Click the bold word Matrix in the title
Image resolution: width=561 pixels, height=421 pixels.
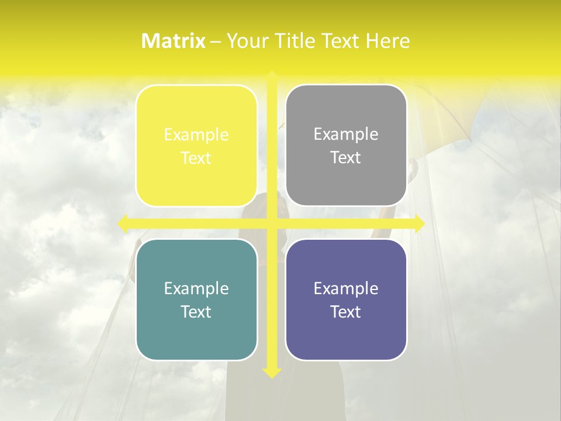pyautogui.click(x=174, y=41)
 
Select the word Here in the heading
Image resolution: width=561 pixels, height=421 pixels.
pyautogui.click(x=387, y=41)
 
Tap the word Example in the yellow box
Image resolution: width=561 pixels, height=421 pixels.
pyautogui.click(x=196, y=135)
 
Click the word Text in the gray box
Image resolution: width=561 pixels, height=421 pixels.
pyautogui.click(x=346, y=158)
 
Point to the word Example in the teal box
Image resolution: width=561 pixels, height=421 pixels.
pyautogui.click(x=196, y=289)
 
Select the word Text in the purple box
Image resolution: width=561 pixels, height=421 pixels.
pyautogui.click(x=346, y=312)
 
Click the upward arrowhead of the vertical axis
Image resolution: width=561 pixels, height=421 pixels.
pyautogui.click(x=272, y=75)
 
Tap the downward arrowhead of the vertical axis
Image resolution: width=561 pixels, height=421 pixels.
pyautogui.click(x=272, y=372)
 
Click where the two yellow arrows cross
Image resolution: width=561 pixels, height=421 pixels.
pyautogui.click(x=272, y=223)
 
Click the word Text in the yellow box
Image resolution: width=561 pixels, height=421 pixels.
pyautogui.click(x=196, y=158)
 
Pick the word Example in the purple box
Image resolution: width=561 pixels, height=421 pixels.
pyautogui.click(x=346, y=289)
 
